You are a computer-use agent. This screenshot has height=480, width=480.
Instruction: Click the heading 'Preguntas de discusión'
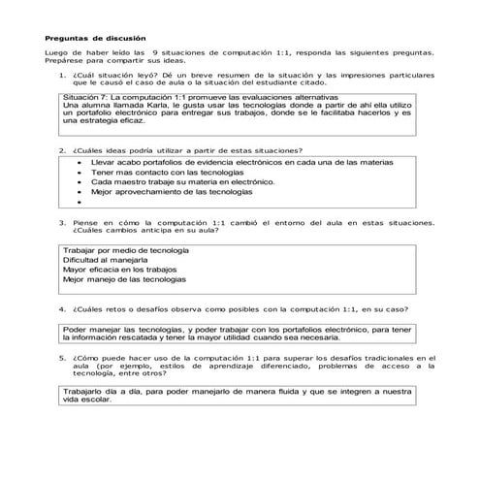point(88,38)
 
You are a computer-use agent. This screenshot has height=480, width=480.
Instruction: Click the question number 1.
point(61,74)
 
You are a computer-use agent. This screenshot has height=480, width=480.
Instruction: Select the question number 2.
point(61,150)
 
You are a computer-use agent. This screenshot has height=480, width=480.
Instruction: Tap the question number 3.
point(61,223)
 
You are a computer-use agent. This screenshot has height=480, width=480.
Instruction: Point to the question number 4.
point(61,310)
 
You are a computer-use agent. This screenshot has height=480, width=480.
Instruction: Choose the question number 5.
point(61,356)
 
